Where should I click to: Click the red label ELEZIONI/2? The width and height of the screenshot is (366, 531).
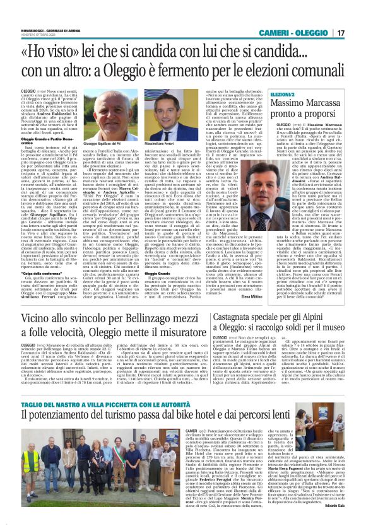(261, 94)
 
